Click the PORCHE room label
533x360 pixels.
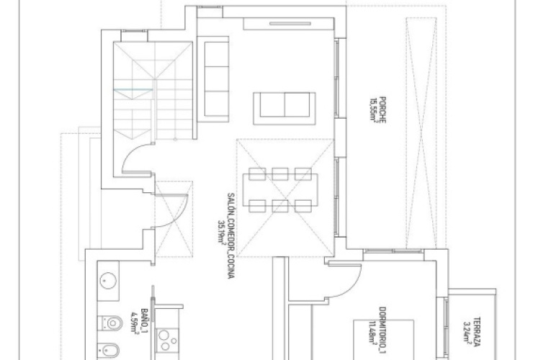[385, 110]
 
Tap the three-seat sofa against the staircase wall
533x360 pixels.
[215, 78]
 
